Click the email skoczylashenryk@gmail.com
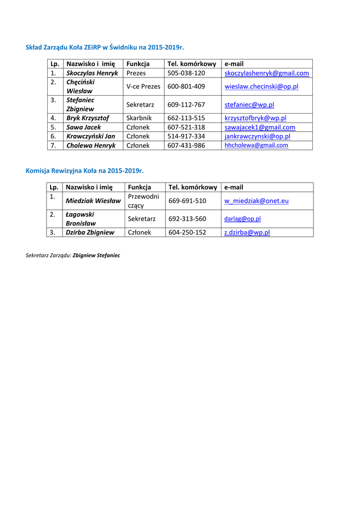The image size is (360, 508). point(267,73)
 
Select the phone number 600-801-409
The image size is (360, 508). point(186,86)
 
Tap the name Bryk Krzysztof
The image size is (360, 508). point(88,118)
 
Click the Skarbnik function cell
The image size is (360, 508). point(139,118)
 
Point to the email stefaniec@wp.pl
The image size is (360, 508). point(249,105)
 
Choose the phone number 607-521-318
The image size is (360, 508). point(186,127)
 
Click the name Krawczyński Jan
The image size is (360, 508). point(91,136)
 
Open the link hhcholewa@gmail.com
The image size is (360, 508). point(256,145)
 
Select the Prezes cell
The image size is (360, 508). point(136,73)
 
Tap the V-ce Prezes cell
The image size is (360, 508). point(144,86)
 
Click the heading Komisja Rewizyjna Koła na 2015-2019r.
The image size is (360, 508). point(84,171)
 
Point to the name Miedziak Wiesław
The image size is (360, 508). point(93,201)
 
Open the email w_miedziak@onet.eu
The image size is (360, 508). point(256,201)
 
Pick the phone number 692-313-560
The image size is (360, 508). point(187,219)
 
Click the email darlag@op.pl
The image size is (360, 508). point(242,219)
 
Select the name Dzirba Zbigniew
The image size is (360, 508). point(90,232)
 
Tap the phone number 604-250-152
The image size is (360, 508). point(187,232)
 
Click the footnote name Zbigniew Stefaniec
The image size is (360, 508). point(96,255)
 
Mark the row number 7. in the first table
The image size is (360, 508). point(53,145)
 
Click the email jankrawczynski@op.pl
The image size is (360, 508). point(257,136)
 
